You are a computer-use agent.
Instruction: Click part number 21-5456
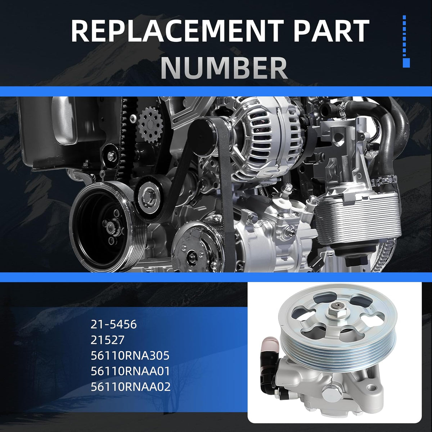pyautogui.click(x=113, y=324)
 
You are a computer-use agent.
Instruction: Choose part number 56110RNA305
pyautogui.click(x=130, y=355)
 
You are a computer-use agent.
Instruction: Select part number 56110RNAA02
pyautogui.click(x=131, y=387)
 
